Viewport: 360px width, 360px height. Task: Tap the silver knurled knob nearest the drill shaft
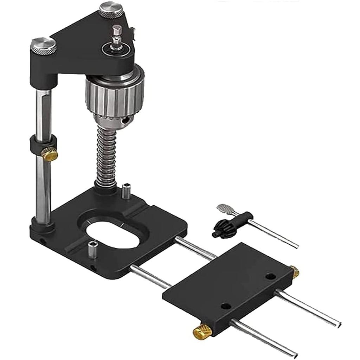click(x=110, y=9)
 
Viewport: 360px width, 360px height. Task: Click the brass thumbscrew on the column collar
click(x=50, y=153)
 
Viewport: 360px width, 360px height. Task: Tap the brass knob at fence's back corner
click(x=295, y=271)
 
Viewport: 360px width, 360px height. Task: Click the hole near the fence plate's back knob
click(x=270, y=277)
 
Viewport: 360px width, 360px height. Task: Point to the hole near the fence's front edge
click(x=226, y=306)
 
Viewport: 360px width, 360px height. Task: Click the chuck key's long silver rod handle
click(x=274, y=234)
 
